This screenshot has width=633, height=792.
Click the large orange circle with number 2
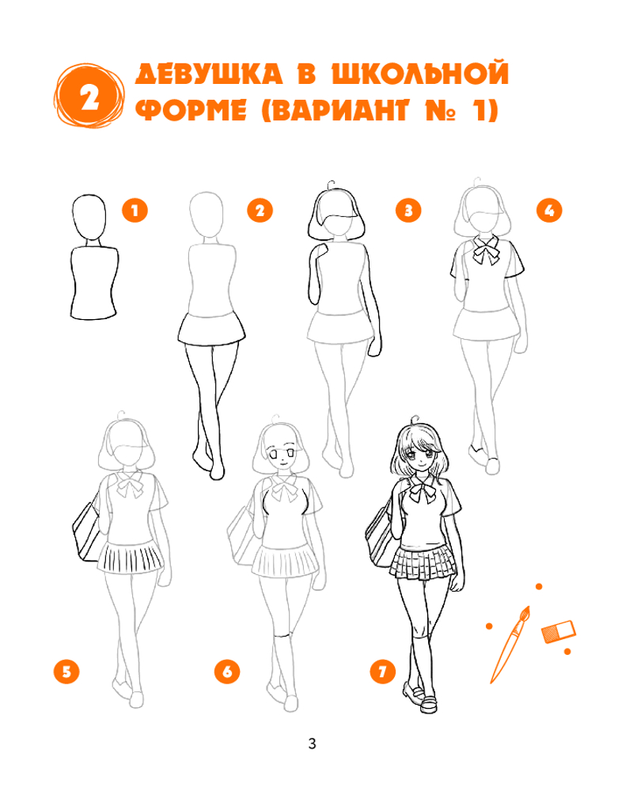[x=89, y=96]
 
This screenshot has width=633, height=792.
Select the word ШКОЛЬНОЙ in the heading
[x=420, y=74]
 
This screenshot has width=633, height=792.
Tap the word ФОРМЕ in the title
[x=191, y=110]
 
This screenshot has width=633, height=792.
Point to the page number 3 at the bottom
[x=312, y=744]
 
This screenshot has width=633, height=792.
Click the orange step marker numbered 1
[x=135, y=210]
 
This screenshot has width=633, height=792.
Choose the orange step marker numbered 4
[x=549, y=210]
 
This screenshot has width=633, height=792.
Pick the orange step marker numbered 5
[x=66, y=672]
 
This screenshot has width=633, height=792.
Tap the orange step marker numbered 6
[x=227, y=672]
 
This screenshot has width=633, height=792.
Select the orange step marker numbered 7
[x=383, y=672]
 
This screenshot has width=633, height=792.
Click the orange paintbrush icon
[x=510, y=645]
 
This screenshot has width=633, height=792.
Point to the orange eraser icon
[x=559, y=632]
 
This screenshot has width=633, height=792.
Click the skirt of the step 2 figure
[x=211, y=329]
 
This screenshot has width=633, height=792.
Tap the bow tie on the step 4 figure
[x=486, y=250]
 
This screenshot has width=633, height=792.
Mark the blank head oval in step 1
[x=89, y=217]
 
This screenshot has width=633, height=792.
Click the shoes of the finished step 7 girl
[x=420, y=698]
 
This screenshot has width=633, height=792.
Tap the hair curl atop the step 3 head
[x=331, y=185]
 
